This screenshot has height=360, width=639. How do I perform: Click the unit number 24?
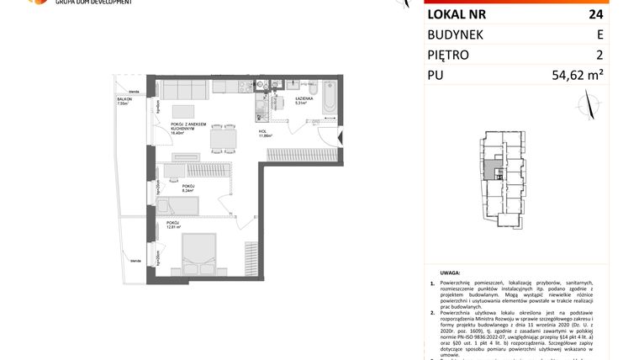(599, 13)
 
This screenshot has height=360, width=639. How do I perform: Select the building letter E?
(599, 34)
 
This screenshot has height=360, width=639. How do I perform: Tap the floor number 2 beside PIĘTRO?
(600, 56)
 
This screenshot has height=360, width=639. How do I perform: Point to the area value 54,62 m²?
(580, 77)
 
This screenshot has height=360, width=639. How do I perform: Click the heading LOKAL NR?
(457, 13)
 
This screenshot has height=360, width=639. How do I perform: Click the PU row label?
(437, 77)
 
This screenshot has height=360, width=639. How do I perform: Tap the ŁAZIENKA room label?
(304, 99)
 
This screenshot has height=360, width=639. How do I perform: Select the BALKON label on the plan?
(125, 99)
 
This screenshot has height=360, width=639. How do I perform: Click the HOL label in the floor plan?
(263, 132)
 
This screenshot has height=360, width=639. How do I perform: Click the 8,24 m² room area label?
(187, 190)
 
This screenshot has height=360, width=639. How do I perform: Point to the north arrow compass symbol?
(589, 106)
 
